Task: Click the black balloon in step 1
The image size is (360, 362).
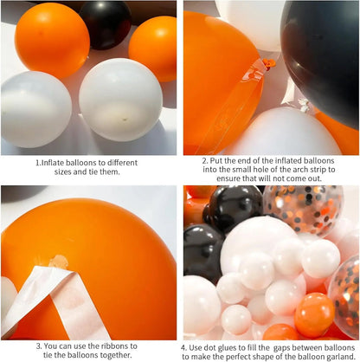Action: pos(105,23)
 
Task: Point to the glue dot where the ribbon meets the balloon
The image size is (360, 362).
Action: pos(58,260)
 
